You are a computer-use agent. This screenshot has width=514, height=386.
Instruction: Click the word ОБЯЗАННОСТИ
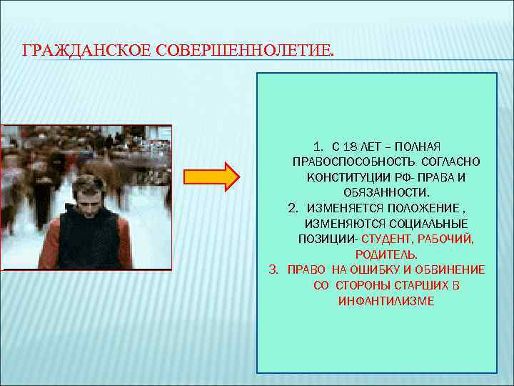pyautogui.click(x=386, y=193)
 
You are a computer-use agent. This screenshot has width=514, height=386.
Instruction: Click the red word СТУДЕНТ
pyautogui.click(x=387, y=239)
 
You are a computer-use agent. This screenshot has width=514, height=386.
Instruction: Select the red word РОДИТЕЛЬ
pyautogui.click(x=386, y=254)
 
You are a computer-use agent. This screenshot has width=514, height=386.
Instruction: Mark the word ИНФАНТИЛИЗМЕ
pyautogui.click(x=386, y=301)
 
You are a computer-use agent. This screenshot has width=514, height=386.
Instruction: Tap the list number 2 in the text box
pyautogui.click(x=293, y=208)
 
